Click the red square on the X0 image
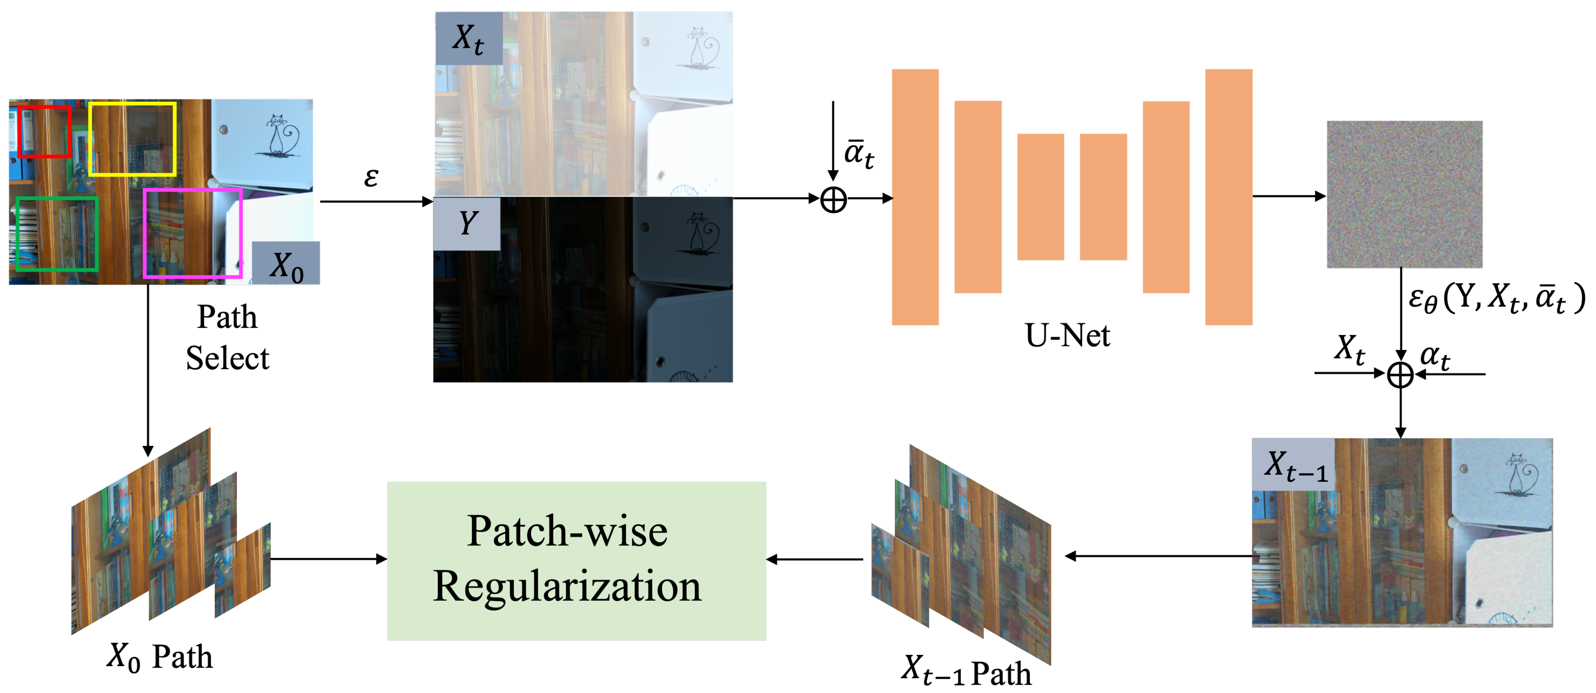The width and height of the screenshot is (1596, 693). click(44, 131)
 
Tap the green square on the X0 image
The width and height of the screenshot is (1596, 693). click(57, 234)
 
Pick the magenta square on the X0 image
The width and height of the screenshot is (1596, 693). click(193, 234)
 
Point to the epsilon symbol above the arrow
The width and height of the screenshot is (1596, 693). click(370, 178)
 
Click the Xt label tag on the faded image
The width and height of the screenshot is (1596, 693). click(468, 39)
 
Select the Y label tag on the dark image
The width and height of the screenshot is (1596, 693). click(467, 224)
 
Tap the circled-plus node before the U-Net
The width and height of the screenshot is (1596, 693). click(833, 200)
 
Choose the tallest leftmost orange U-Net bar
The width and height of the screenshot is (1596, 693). click(915, 197)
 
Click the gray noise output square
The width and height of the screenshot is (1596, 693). click(1404, 195)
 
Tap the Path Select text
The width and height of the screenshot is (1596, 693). click(227, 338)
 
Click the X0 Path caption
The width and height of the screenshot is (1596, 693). click(160, 657)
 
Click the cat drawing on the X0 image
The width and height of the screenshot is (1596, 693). click(280, 136)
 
